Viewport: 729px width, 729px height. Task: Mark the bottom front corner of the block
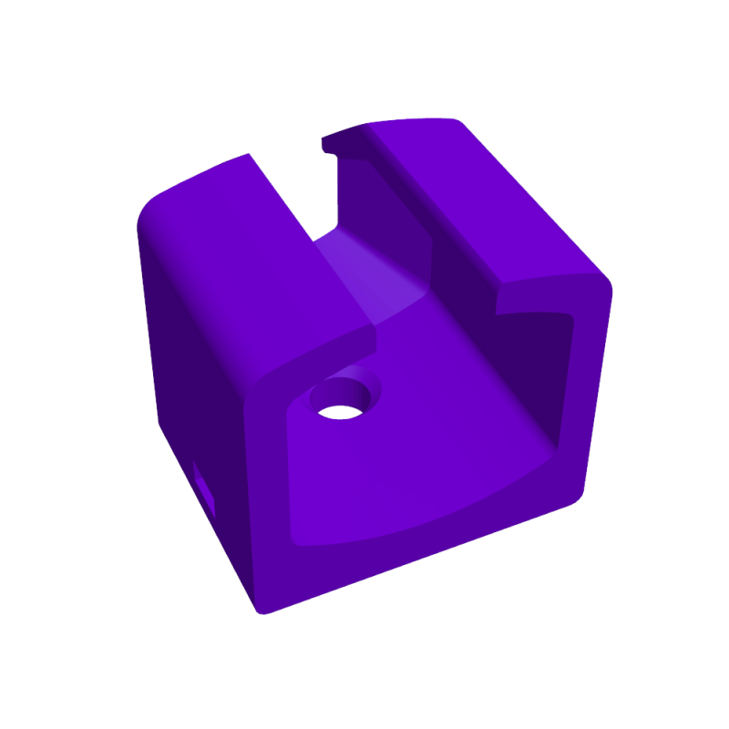(264, 609)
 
